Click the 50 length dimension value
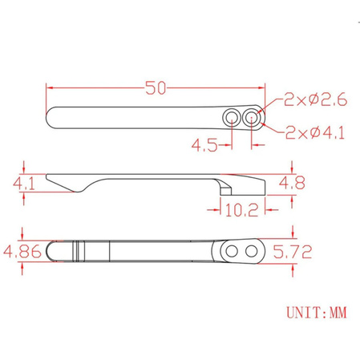pos(156,87)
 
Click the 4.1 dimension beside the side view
pos(24,184)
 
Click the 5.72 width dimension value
pos(293,251)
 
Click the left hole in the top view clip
pos(232,118)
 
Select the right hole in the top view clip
pos(252,118)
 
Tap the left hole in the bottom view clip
pos(232,252)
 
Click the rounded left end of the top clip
pos(51,117)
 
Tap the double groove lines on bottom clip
pos(79,252)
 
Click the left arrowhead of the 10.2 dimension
pos(212,209)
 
